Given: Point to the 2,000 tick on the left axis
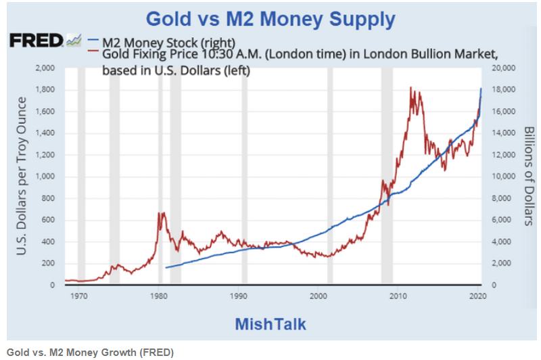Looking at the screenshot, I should (x=45, y=68).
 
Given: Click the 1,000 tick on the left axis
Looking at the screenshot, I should (x=45, y=177).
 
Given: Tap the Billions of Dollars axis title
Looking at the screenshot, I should (x=529, y=177).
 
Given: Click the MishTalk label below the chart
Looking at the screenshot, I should (x=270, y=323).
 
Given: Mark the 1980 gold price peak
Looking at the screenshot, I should (x=161, y=213).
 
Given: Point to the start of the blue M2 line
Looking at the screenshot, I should (x=166, y=268).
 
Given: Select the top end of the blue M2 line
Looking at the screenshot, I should (x=481, y=89).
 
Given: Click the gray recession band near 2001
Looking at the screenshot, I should (x=329, y=176).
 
